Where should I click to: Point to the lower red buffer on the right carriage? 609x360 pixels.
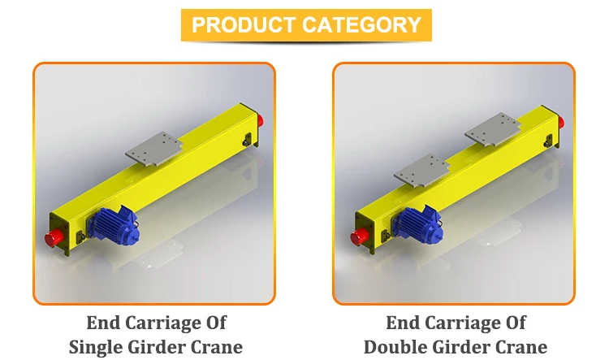(356, 238)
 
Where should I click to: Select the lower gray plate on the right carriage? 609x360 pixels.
(422, 170)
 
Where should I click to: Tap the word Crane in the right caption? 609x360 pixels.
(519, 347)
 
